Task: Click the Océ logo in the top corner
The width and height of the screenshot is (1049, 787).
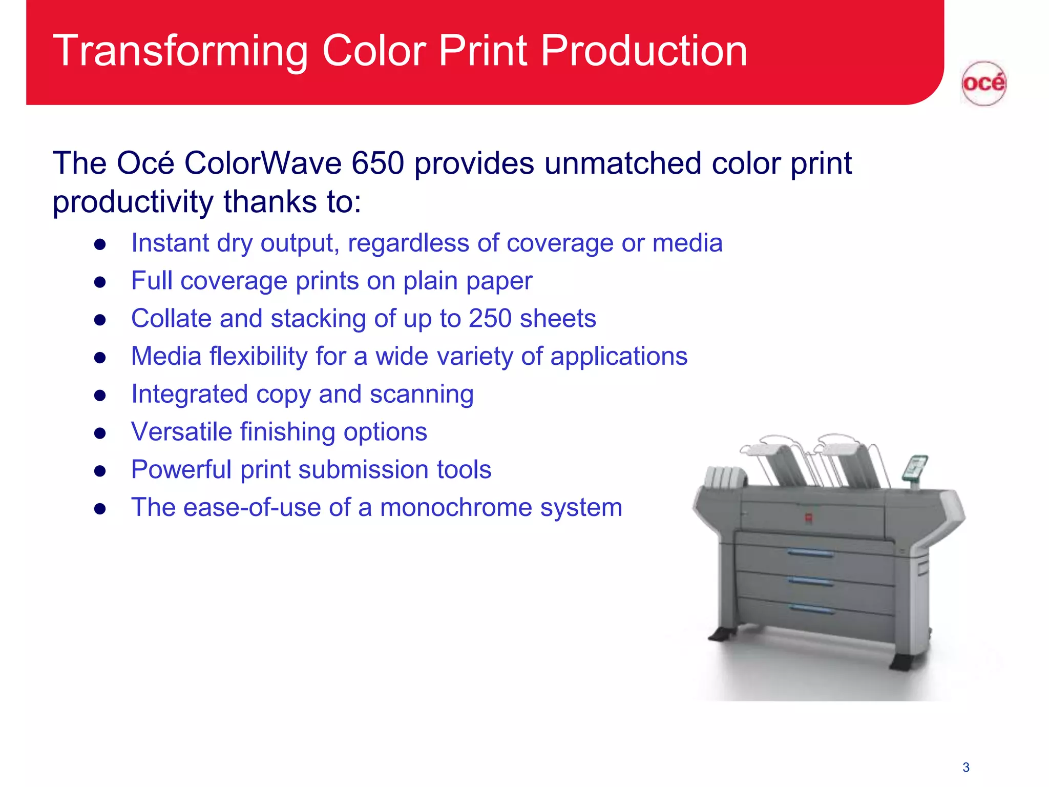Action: coord(983,83)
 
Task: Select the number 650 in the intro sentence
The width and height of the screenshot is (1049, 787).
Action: coord(378,163)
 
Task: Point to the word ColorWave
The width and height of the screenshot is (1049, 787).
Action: coord(263,163)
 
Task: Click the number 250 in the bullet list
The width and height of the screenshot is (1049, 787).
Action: coord(490,318)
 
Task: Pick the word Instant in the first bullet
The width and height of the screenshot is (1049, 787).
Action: coord(170,243)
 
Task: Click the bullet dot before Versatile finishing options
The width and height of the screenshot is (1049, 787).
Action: coord(100,433)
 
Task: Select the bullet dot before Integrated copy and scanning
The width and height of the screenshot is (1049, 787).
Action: coord(100,396)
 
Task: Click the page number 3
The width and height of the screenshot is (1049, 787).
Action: coord(966,767)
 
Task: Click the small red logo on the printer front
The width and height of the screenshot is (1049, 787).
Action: coord(808,517)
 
